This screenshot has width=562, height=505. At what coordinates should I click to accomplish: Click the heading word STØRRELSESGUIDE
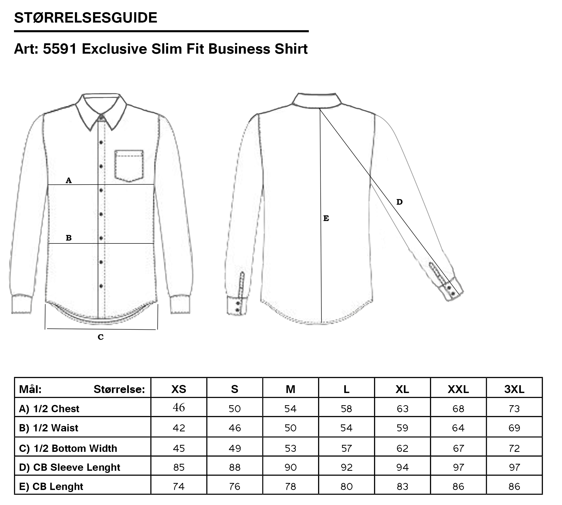click(x=86, y=18)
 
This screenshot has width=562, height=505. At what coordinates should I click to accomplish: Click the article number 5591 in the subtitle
click(x=60, y=49)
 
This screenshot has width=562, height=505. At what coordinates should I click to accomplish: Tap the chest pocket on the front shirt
click(x=129, y=166)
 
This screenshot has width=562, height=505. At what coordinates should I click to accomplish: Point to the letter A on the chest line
click(x=68, y=181)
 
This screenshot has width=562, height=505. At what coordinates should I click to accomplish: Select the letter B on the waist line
click(x=68, y=238)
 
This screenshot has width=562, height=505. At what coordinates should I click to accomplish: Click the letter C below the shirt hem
click(x=100, y=337)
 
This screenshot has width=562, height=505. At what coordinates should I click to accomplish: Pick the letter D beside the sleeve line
click(x=399, y=202)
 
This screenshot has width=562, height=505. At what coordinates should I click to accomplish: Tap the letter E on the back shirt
click(x=326, y=219)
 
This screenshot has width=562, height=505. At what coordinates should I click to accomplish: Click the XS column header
click(x=179, y=389)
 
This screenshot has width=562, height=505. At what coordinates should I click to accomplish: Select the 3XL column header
click(x=514, y=389)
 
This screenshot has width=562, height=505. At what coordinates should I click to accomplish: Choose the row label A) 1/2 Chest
click(x=49, y=409)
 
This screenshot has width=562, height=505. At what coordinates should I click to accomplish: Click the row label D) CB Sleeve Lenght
click(x=69, y=467)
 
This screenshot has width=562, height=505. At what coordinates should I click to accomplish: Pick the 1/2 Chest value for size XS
click(x=179, y=407)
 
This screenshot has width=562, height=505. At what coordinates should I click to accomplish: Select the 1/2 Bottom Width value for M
click(x=290, y=448)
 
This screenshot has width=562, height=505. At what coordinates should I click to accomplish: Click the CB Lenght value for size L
click(x=347, y=486)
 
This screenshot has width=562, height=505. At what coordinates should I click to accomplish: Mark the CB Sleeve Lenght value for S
click(x=235, y=467)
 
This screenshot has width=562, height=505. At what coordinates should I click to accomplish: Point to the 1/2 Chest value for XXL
click(x=458, y=409)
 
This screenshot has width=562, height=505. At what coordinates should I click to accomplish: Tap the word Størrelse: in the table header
click(x=119, y=389)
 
